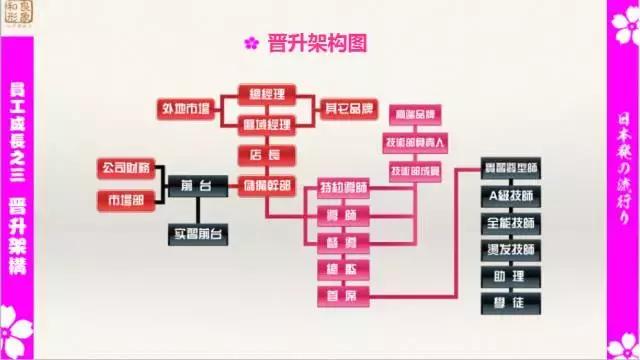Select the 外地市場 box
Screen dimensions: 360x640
186,107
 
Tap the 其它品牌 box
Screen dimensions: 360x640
350,107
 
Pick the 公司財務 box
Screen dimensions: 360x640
125,167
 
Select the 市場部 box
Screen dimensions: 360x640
125,200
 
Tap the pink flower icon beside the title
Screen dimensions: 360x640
251,43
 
